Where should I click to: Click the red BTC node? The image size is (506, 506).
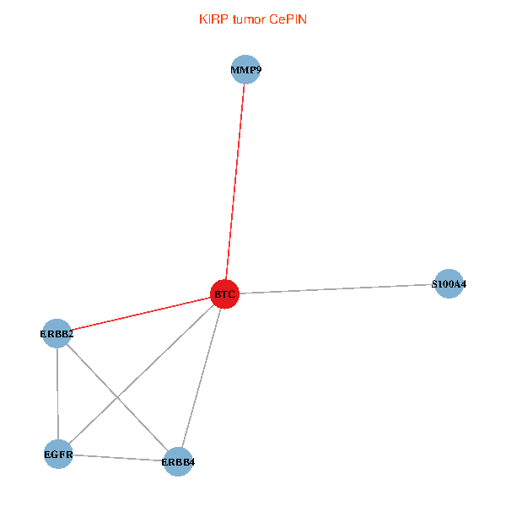click(x=224, y=293)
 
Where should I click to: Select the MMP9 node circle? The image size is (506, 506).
click(x=245, y=70)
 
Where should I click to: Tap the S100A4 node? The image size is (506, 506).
click(x=449, y=284)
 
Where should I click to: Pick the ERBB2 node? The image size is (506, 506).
click(x=57, y=334)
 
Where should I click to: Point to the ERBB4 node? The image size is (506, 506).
click(x=177, y=461)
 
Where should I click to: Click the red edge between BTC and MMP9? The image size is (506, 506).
click(x=235, y=181)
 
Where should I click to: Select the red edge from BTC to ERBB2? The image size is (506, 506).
click(x=141, y=314)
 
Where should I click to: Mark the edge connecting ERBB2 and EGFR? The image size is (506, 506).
click(x=57, y=395)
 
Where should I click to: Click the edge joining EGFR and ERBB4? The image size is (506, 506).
click(x=118, y=458)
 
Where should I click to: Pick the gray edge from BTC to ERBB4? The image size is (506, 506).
click(x=201, y=378)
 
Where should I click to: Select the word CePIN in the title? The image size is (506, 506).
click(x=288, y=19)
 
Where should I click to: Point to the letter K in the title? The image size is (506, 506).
click(x=203, y=19)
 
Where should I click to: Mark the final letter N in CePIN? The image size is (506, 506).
click(x=303, y=19)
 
